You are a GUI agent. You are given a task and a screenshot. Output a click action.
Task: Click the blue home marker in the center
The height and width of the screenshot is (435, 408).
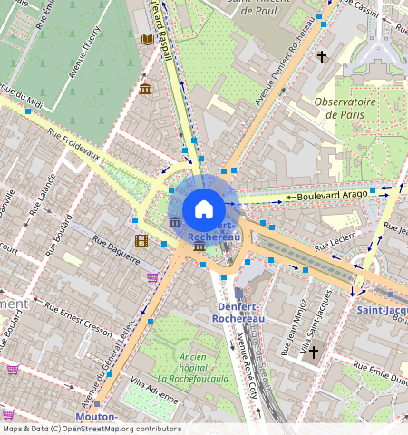click(204, 209)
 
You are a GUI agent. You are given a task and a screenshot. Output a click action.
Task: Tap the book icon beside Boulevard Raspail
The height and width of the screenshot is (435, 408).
click(147, 39)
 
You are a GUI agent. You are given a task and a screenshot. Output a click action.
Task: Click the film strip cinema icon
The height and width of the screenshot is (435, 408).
click(141, 240)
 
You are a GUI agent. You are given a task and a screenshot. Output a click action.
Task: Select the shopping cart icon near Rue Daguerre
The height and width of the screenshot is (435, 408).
click(152, 277)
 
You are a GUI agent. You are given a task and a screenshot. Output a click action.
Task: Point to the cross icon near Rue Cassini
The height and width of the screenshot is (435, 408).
click(321, 57)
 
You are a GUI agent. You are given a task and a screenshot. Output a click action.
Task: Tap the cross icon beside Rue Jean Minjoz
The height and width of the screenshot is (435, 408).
click(314, 351)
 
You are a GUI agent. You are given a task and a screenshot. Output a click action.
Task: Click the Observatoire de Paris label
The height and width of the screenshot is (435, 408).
click(345, 109)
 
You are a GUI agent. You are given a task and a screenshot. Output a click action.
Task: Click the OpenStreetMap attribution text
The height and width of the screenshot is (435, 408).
click(91, 429)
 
